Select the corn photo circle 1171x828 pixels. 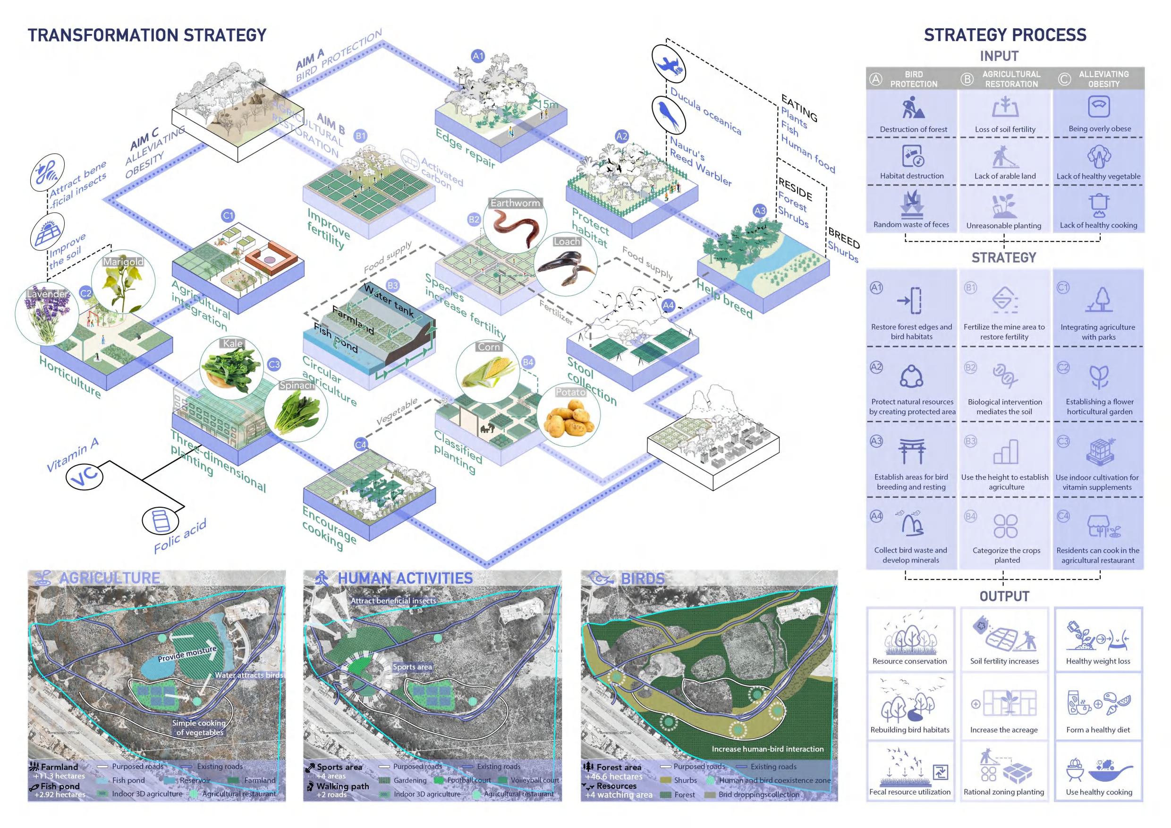point(488,372)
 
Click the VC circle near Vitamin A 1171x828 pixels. point(85,477)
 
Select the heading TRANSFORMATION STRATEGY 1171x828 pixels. point(147,35)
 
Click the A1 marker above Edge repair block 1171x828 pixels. point(478,56)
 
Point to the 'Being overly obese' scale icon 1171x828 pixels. point(1099,106)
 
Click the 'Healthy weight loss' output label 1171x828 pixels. point(1098,661)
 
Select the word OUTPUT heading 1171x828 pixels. point(1004,596)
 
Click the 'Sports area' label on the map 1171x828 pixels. point(412,667)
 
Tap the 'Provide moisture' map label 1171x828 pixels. point(187,654)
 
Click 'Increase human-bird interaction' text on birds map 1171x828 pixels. point(768,749)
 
